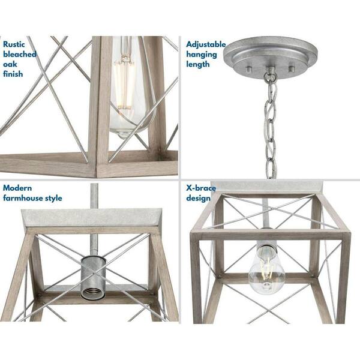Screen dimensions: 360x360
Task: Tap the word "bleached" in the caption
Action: coord(20,54)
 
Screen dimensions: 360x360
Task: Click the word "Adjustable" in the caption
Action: coord(206,44)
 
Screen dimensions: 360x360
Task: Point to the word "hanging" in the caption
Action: coord(202,54)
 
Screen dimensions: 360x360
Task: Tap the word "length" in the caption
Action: coord(198,64)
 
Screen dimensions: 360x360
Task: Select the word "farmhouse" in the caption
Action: coord(25,198)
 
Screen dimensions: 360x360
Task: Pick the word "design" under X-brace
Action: coord(198,198)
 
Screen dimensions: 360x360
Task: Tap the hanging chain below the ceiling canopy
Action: coord(272,126)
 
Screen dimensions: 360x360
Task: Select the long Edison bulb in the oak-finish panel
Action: coord(127,90)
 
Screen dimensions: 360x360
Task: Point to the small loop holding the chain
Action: coord(271,76)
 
